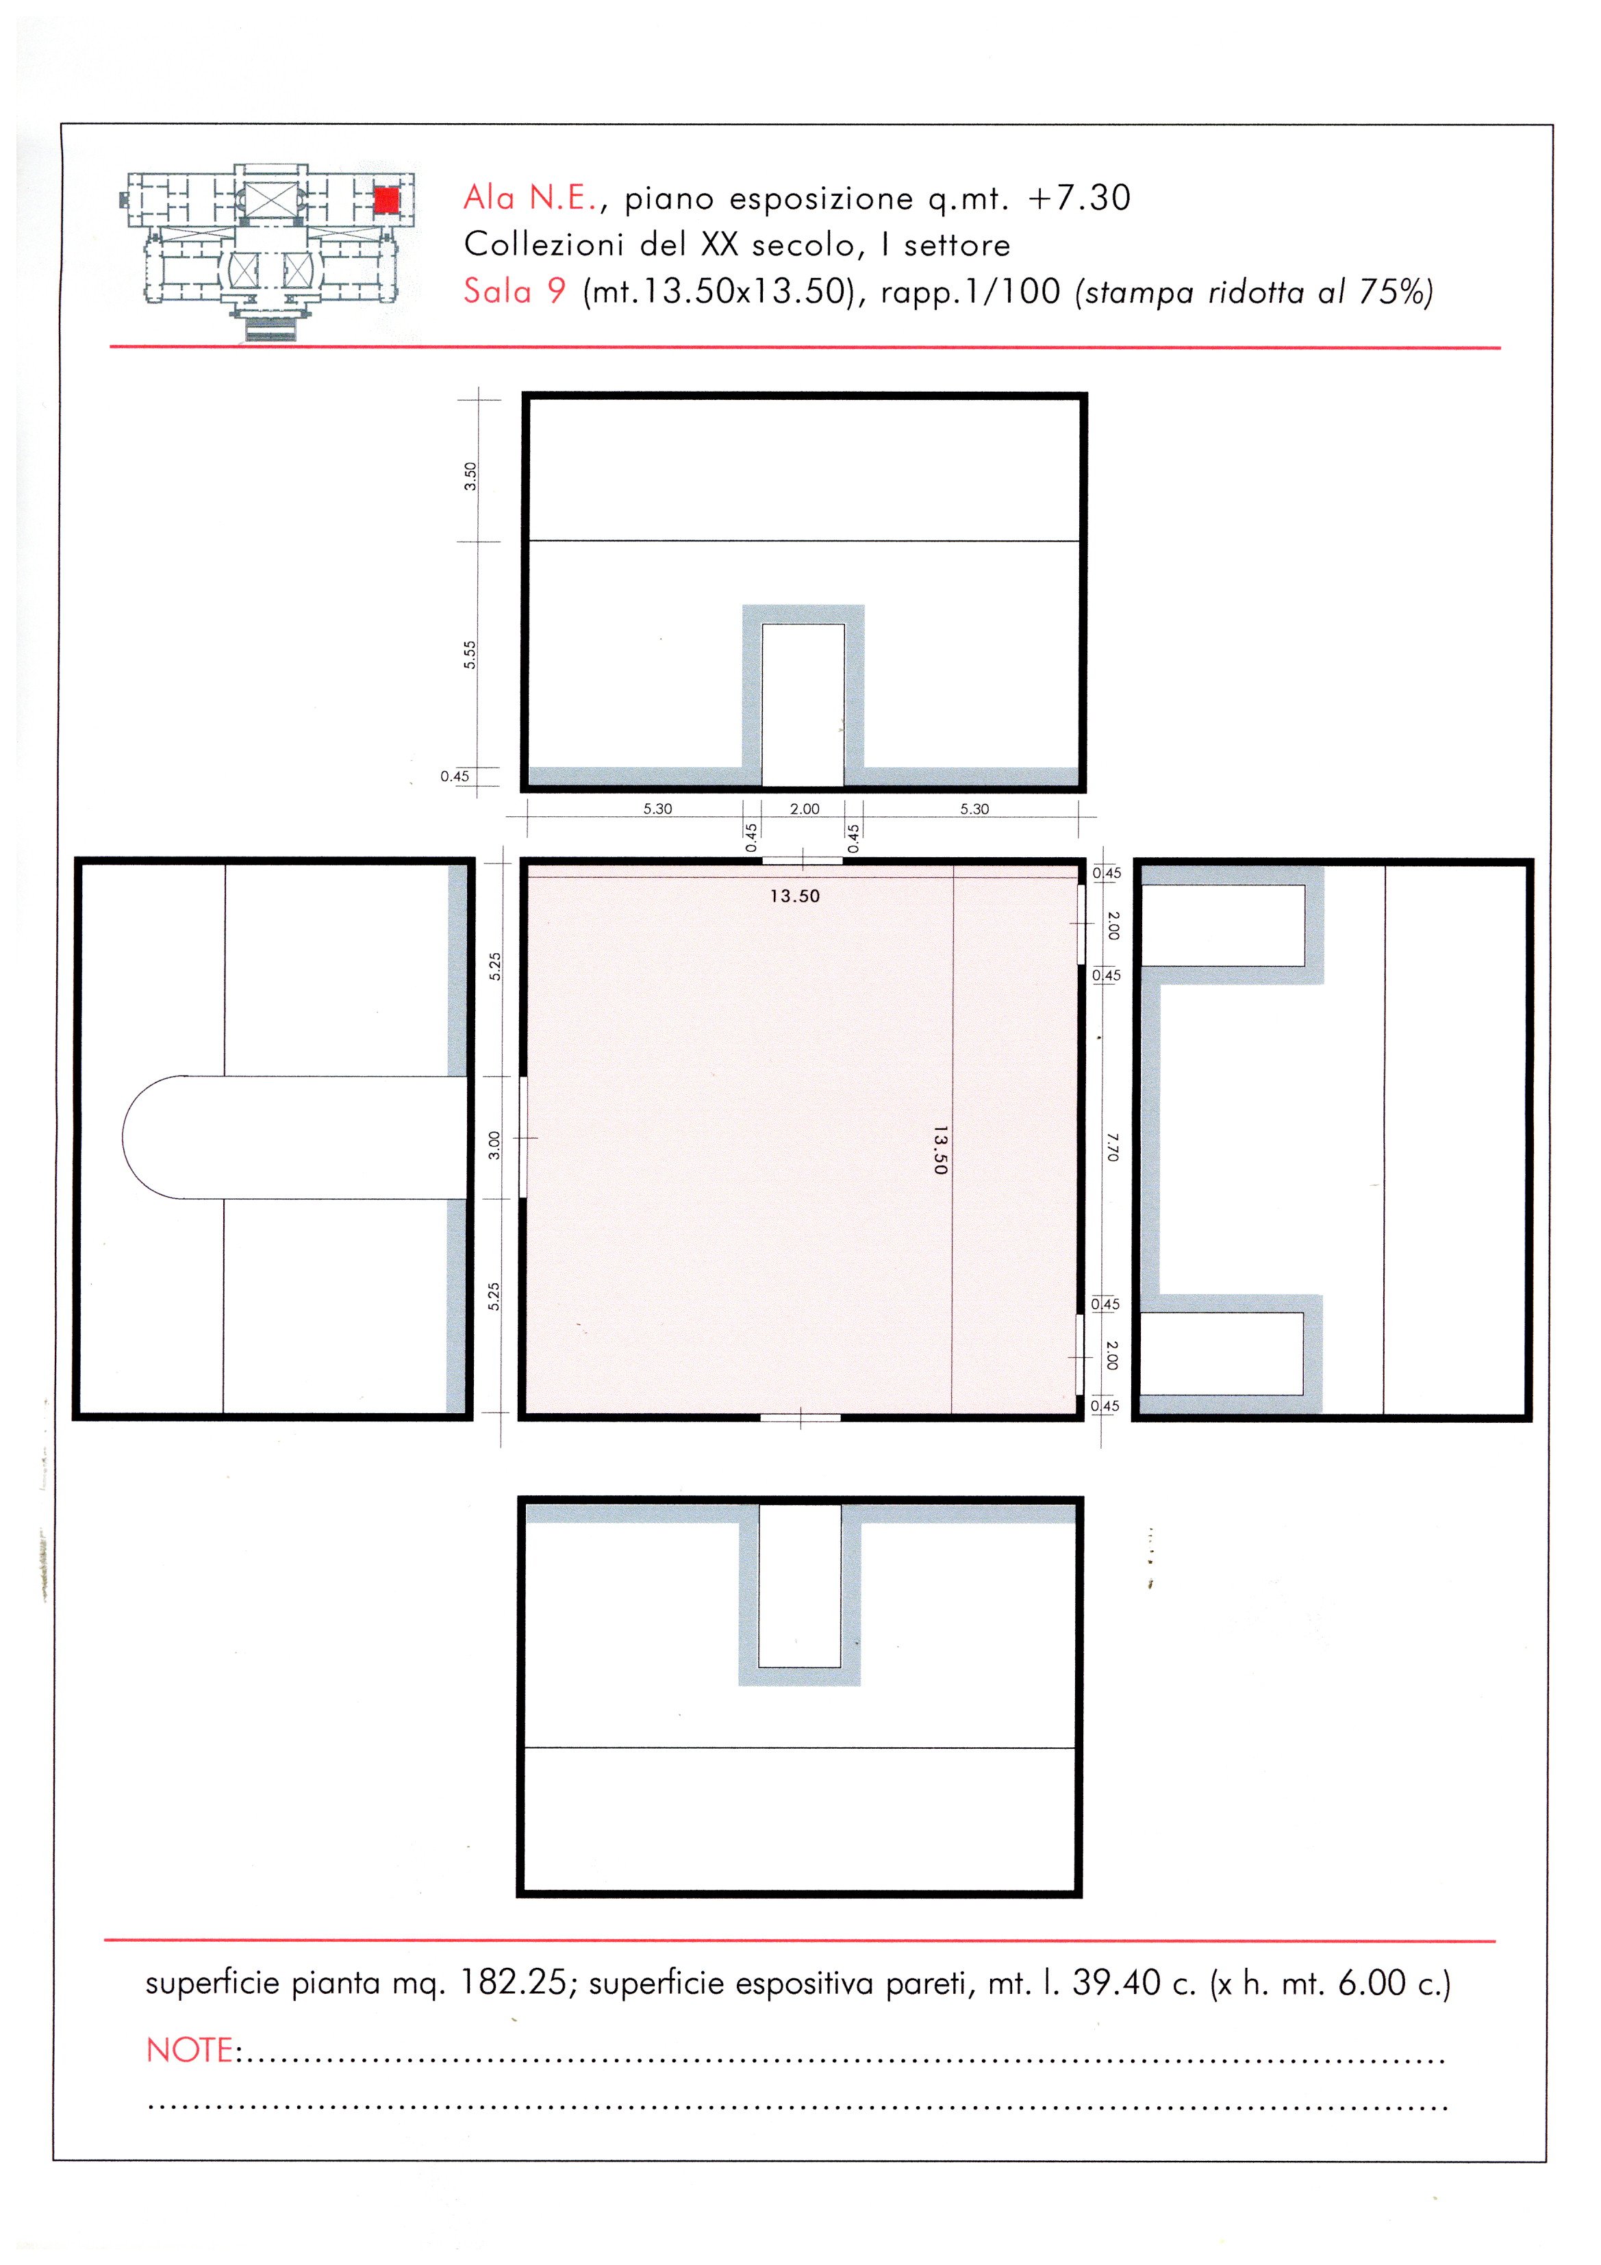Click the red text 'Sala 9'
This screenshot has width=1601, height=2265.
[515, 291]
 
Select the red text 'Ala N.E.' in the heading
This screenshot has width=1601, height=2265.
[531, 199]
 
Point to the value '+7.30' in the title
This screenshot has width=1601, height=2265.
[1079, 199]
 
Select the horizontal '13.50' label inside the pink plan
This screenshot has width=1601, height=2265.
[795, 896]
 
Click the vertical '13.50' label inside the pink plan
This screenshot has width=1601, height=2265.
[939, 1150]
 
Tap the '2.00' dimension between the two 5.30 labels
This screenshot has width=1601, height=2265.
[805, 809]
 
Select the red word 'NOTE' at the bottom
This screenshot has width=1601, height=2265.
[190, 2050]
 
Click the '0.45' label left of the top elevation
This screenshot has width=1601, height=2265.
[455, 776]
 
